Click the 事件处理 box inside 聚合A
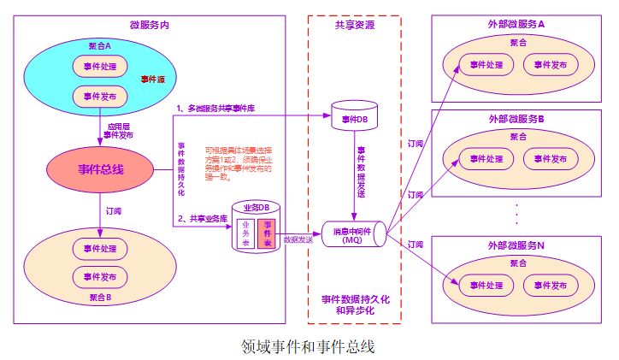coord(99,67)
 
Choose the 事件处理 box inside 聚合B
coord(99,248)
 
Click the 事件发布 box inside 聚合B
coord(99,276)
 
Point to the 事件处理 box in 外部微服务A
coord(485,64)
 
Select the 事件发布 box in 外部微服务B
coord(545,158)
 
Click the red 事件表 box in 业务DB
coord(268,233)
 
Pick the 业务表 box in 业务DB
coord(247,233)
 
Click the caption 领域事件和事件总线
coord(309,346)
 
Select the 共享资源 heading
coord(354,26)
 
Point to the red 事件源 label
coord(152,79)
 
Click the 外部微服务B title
coord(517,118)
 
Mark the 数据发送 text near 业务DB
coord(299,241)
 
